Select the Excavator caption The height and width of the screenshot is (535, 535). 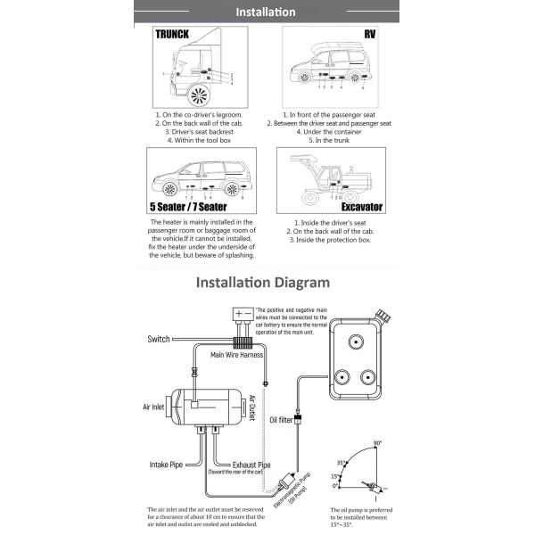(x=361, y=207)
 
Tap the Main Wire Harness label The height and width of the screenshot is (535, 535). (x=235, y=354)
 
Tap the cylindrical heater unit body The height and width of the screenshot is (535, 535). (x=202, y=408)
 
